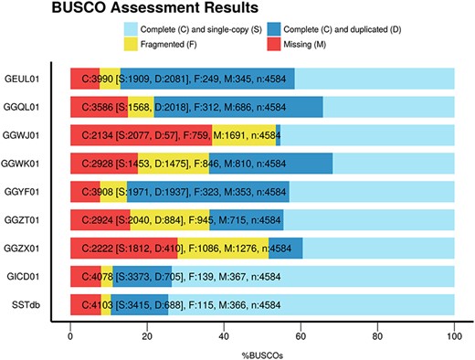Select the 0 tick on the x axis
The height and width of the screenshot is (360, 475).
70,335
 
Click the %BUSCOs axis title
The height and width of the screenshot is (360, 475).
262,353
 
